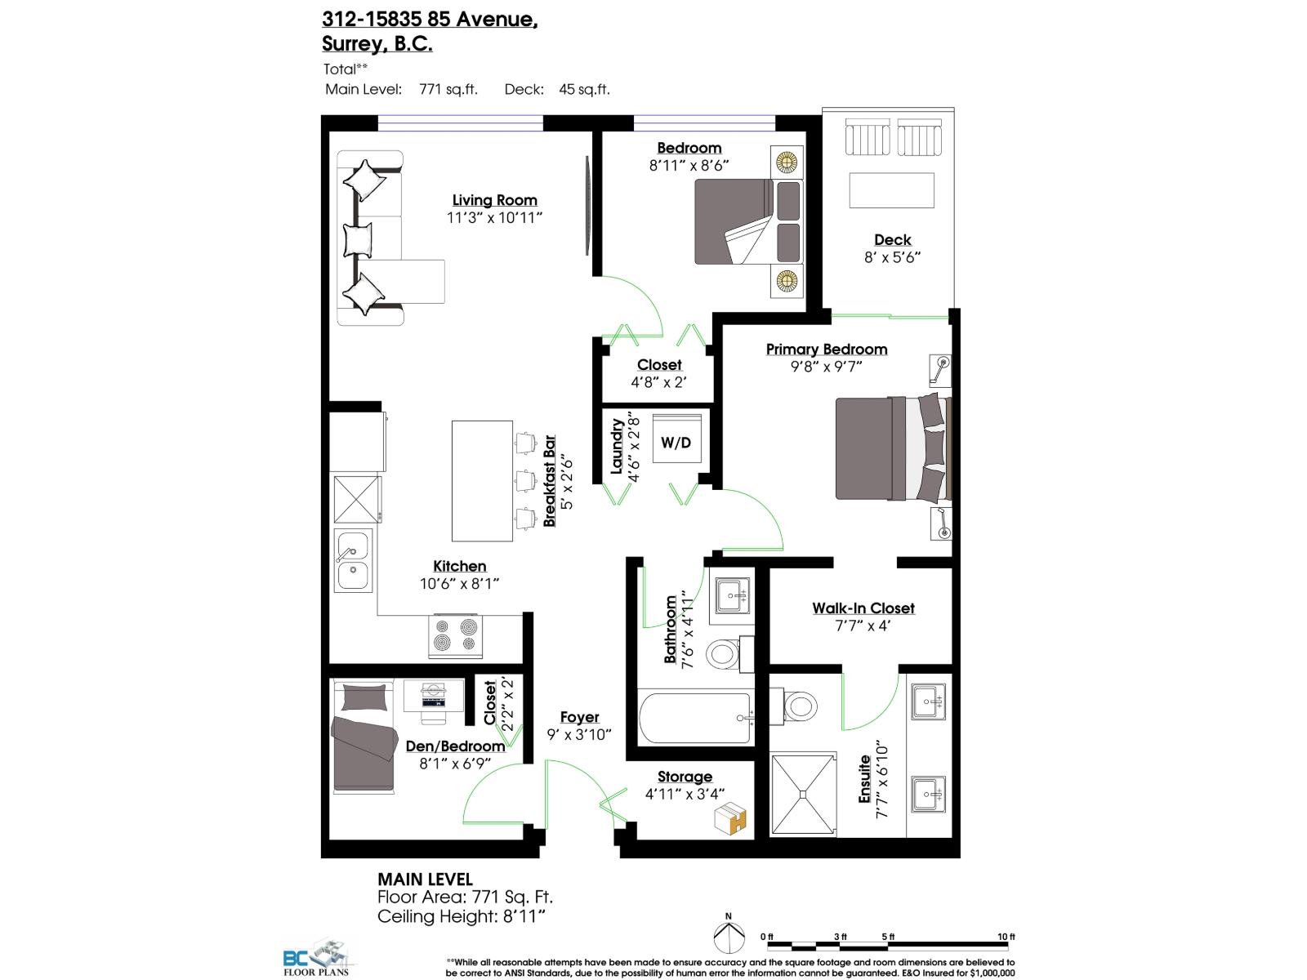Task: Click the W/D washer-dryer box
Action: tap(676, 442)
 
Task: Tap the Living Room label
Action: tap(495, 200)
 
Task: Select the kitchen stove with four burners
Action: tap(455, 635)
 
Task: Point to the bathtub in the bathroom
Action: tap(694, 719)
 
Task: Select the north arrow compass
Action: tap(729, 933)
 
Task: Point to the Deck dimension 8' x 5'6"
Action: tap(892, 257)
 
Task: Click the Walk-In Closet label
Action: tap(863, 608)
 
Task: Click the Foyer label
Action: tap(579, 717)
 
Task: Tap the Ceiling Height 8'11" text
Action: tap(461, 916)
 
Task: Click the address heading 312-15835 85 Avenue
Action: tap(429, 18)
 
